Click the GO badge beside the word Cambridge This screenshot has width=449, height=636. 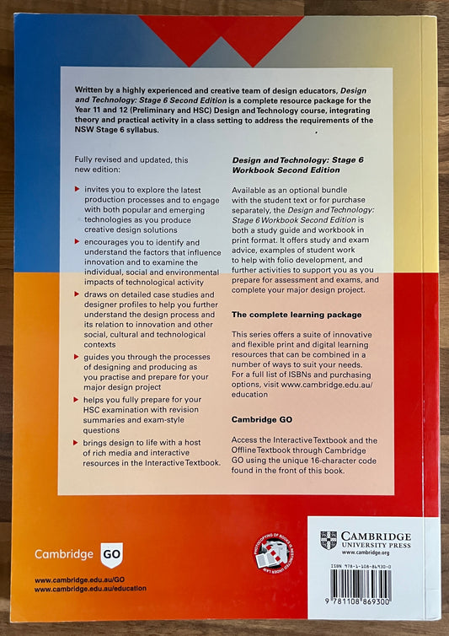[x=111, y=554]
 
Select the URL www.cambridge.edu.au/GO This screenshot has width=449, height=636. [x=79, y=581]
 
